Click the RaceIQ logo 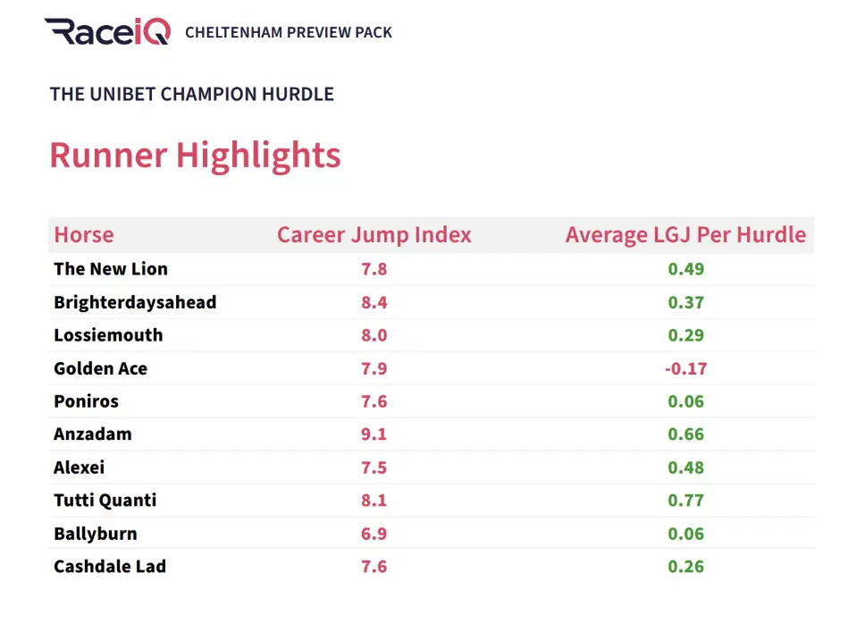(107, 31)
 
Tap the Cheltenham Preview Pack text (289, 32)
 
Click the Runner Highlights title (195, 155)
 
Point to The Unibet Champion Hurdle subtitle (192, 94)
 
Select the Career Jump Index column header (373, 235)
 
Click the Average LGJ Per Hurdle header (685, 235)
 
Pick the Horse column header (84, 235)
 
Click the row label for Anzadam (93, 434)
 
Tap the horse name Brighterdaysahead (135, 302)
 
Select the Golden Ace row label (101, 368)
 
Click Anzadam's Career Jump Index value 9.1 (373, 434)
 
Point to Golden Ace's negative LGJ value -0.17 (685, 368)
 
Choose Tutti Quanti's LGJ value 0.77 (686, 501)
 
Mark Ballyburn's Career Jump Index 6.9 (373, 534)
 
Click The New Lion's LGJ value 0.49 (686, 269)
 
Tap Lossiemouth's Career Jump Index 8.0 (373, 335)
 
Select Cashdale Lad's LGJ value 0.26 (686, 567)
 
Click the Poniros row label (86, 401)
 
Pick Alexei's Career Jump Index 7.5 (373, 468)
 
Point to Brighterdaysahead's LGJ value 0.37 (686, 302)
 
